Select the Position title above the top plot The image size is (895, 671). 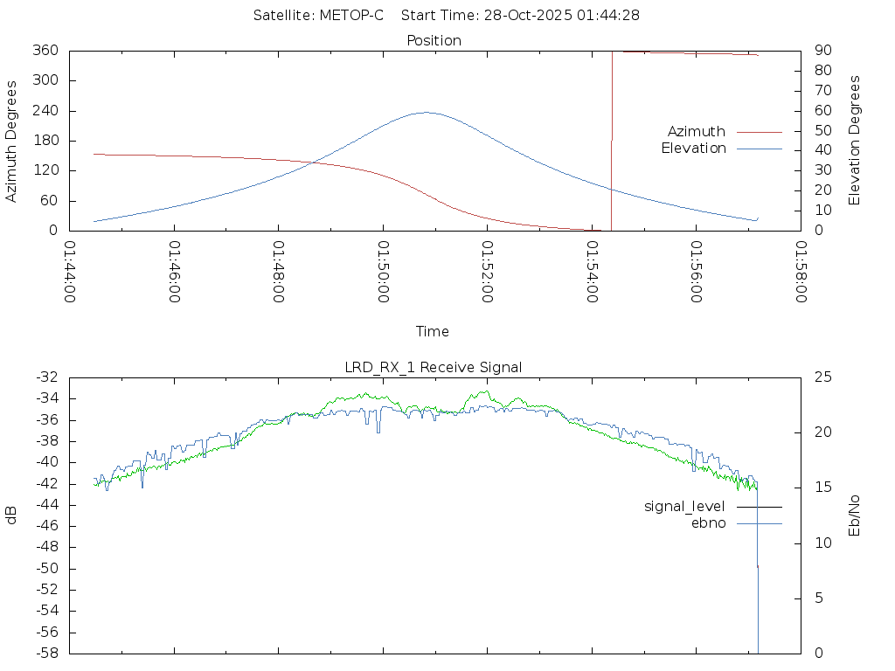434,41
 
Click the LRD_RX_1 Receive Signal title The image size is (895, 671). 434,368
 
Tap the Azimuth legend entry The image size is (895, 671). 697,132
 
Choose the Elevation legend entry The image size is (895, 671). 693,149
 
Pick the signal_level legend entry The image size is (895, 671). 684,507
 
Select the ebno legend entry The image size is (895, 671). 709,523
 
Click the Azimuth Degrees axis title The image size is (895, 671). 12,141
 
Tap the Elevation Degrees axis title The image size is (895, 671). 856,141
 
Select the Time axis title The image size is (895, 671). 433,332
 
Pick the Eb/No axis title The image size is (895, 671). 856,515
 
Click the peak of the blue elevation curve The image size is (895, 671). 426,112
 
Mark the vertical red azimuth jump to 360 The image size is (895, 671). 611,140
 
